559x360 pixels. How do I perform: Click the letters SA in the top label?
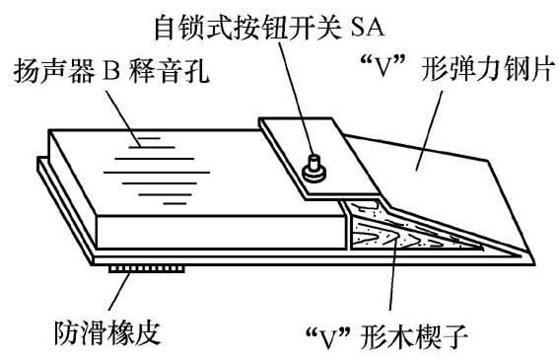coord(395,22)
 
